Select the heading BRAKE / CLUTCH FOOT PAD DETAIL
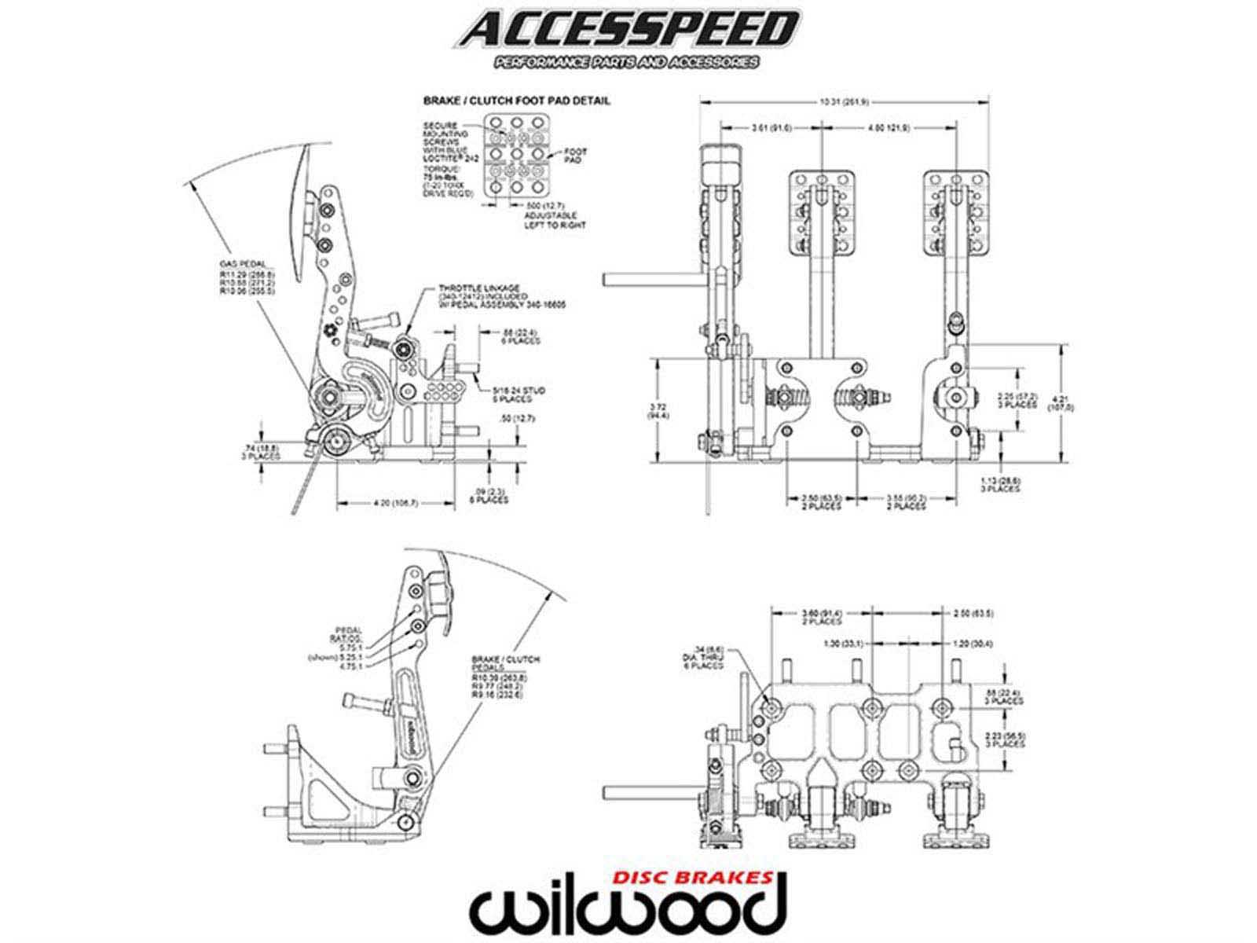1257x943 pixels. point(516,101)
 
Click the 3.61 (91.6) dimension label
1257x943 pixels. point(771,127)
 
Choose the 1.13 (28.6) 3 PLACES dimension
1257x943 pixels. point(1000,483)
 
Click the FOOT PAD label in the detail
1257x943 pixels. point(575,155)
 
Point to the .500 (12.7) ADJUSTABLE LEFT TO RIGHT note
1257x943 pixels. point(550,215)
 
